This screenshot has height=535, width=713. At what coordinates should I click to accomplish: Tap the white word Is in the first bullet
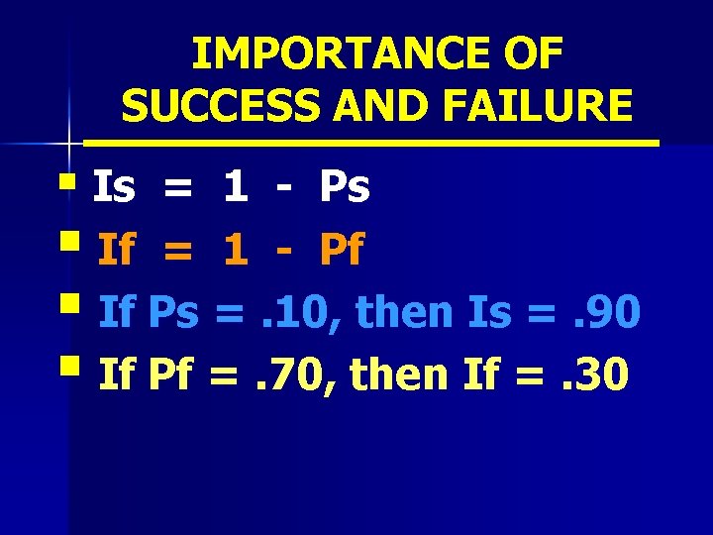click(114, 188)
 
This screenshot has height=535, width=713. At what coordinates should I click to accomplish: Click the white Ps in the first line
click(344, 188)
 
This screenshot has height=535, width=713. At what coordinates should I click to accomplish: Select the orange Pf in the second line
click(341, 251)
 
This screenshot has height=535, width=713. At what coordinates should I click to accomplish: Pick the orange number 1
click(236, 251)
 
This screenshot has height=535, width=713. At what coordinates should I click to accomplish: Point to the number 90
click(613, 313)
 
